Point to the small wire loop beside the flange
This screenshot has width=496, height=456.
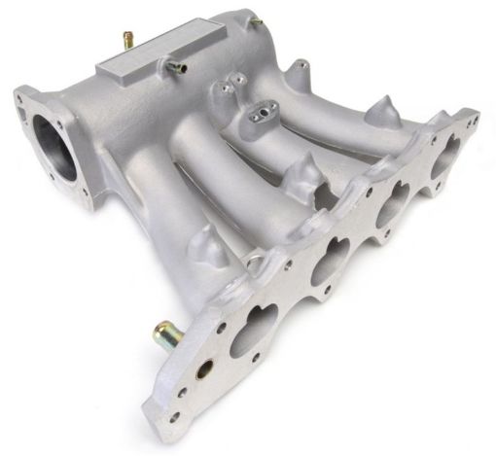pos(255,260)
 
